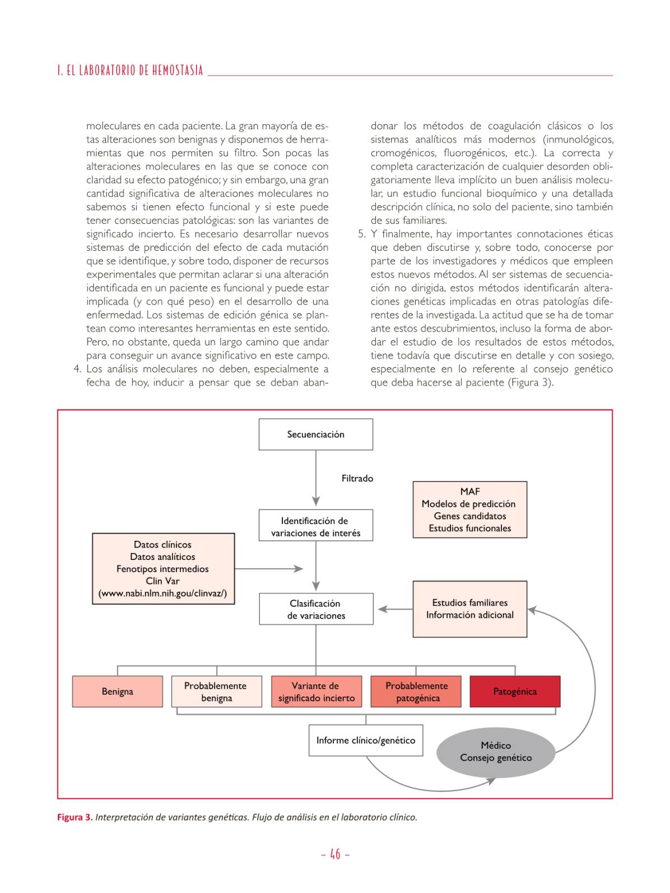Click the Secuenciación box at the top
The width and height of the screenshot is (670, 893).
click(x=315, y=434)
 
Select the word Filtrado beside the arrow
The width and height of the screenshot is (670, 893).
click(x=357, y=479)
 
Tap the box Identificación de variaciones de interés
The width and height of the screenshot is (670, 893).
click(x=315, y=526)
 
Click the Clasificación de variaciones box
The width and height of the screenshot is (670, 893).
click(x=315, y=609)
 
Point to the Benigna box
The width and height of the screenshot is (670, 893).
click(x=118, y=691)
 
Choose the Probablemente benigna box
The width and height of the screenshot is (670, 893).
click(x=216, y=692)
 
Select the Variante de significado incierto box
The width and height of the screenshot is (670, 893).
click(x=316, y=692)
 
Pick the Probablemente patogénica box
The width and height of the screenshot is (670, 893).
click(x=416, y=692)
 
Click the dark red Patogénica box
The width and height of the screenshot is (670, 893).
click(x=515, y=692)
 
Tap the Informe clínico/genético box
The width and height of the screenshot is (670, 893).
click(x=365, y=741)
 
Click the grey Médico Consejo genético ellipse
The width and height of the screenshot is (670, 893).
click(x=496, y=751)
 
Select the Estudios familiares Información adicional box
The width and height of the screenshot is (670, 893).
click(x=469, y=609)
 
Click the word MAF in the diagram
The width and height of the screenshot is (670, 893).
click(x=470, y=492)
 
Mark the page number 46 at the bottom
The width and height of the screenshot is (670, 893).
click(x=335, y=854)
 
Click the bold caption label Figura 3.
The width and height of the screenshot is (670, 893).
click(x=75, y=817)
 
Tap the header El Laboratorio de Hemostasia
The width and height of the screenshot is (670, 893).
click(x=130, y=72)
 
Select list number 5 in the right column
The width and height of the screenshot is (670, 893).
click(x=362, y=234)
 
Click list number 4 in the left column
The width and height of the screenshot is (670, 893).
click(x=77, y=370)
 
